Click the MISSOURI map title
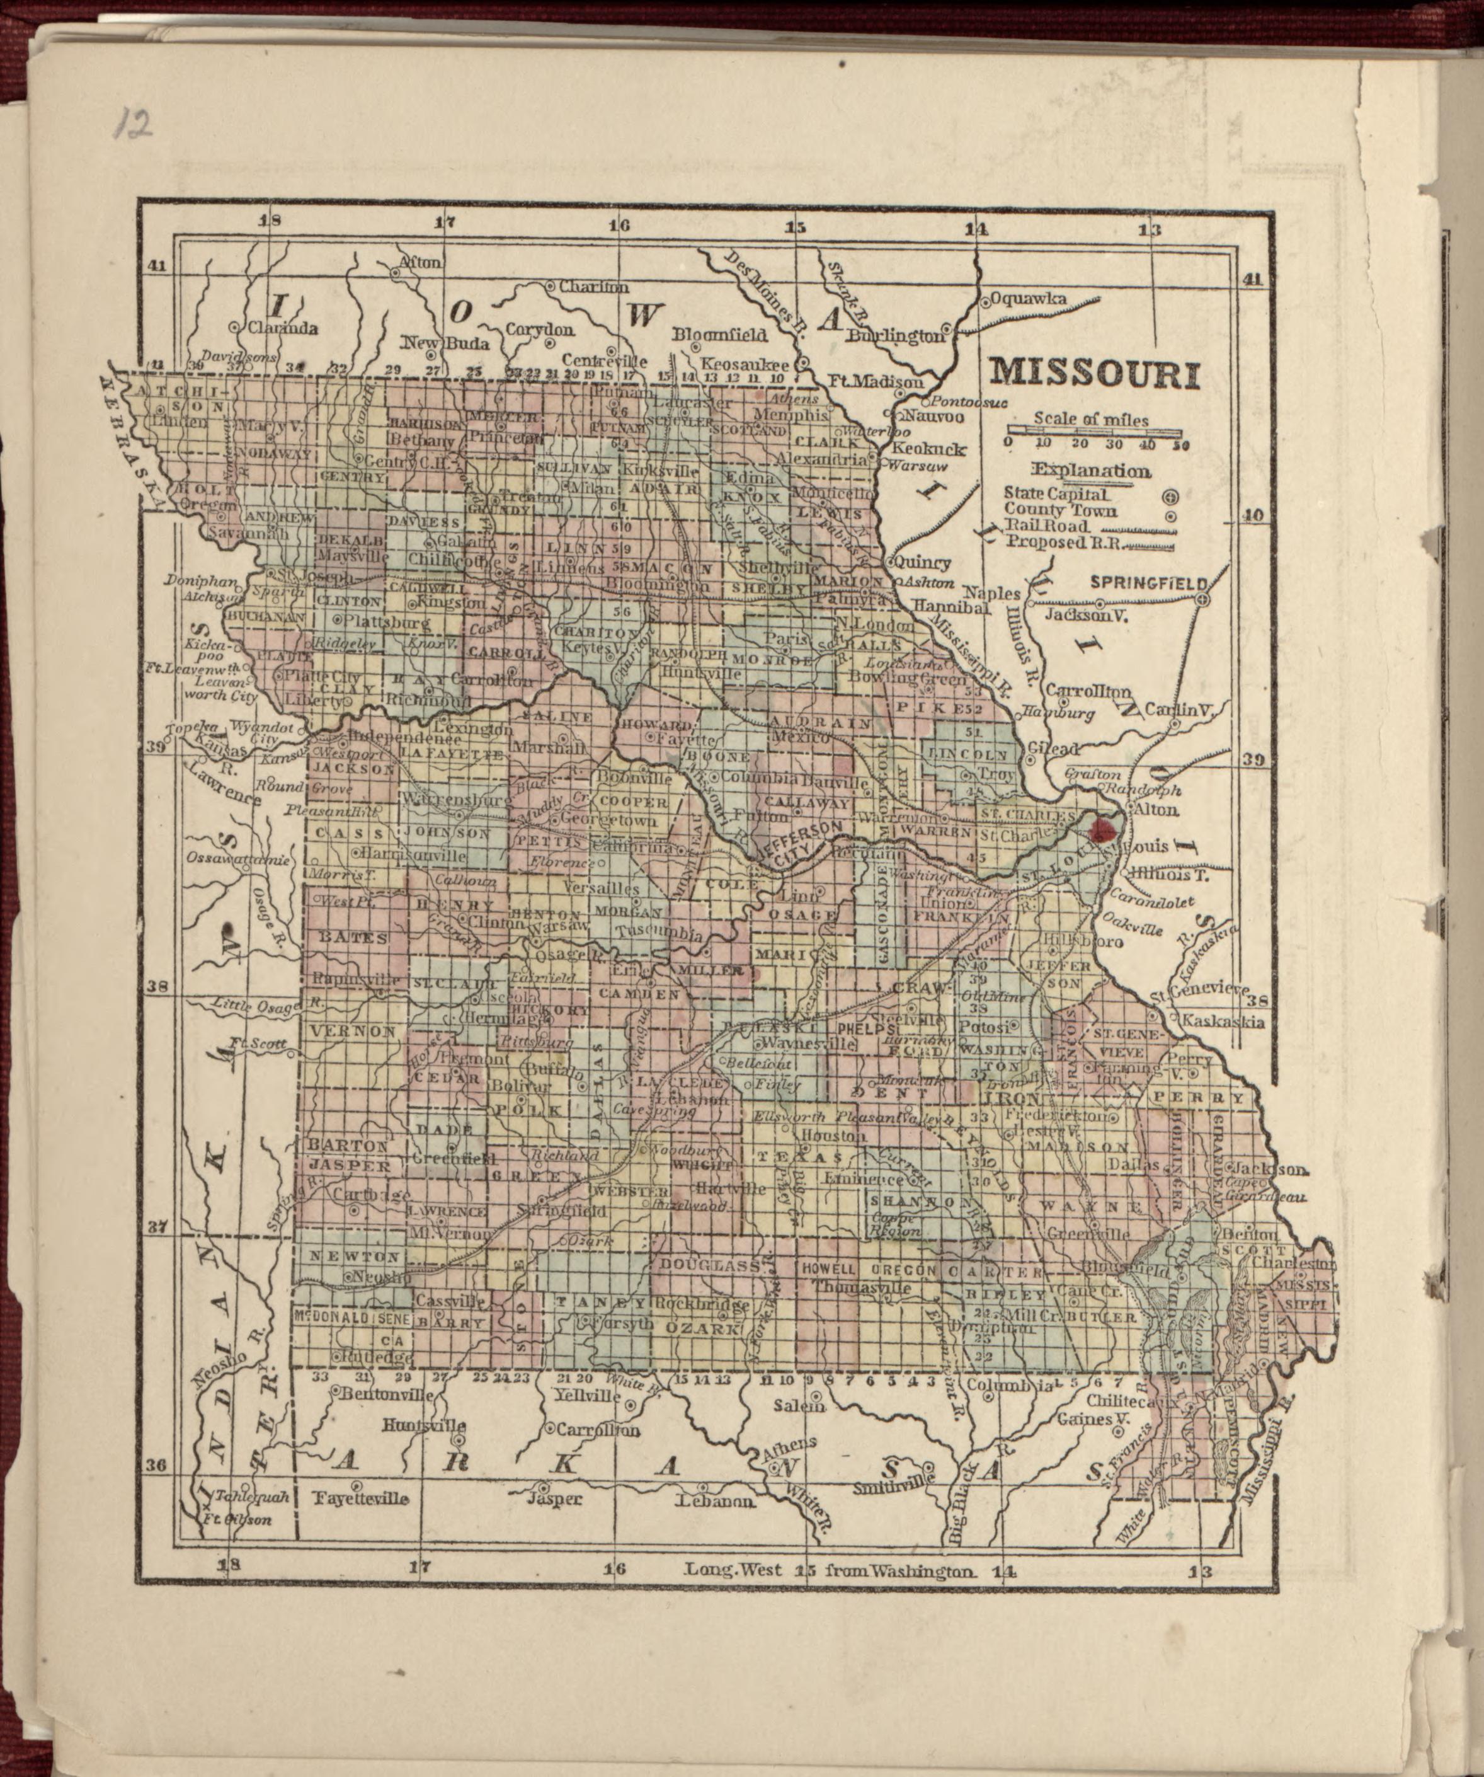(1094, 373)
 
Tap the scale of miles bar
(1097, 432)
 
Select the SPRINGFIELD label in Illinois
(1147, 583)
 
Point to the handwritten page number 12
(134, 123)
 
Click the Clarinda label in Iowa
(282, 328)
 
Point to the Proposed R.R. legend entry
(1063, 543)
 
